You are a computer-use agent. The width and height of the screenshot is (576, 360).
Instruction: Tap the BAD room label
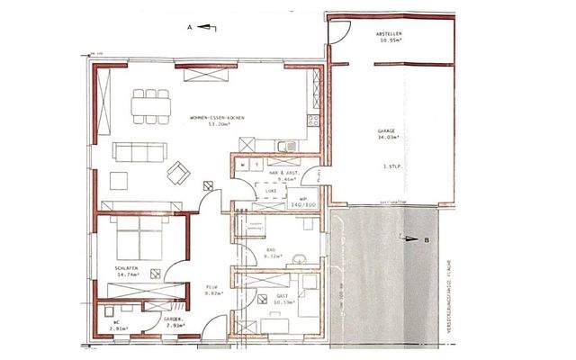pos(271,253)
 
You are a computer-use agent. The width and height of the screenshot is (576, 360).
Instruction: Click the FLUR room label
pos(212,289)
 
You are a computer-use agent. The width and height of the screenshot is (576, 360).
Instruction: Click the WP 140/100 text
pos(304,201)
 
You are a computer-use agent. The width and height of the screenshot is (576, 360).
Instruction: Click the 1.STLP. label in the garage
pos(391,167)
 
